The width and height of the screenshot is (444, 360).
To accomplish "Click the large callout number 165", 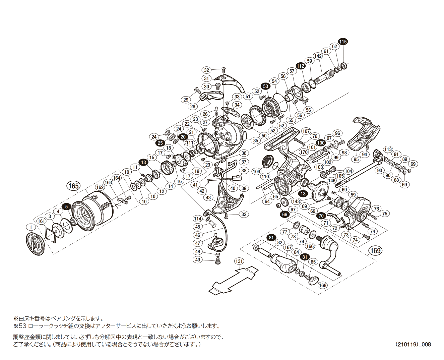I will tap(73, 186).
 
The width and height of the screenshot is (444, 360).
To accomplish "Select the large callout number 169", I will tap(375, 251).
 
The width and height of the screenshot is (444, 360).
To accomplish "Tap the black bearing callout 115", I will tap(342, 42).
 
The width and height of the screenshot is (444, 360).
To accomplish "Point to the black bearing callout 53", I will tap(266, 86).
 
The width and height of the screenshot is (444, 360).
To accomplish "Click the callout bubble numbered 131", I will tap(239, 261).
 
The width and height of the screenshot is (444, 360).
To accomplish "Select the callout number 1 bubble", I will tap(31, 228).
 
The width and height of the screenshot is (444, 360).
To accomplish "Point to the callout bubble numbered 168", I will tap(322, 285).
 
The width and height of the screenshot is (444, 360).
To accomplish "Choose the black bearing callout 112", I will tap(300, 66).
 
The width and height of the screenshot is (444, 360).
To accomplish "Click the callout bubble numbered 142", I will tap(318, 56).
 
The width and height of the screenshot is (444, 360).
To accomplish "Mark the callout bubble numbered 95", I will tap(356, 159).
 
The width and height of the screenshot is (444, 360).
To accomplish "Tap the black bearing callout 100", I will tap(321, 143).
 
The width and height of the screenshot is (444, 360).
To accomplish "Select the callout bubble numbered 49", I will tap(198, 259).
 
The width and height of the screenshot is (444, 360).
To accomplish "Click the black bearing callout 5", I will tap(66, 206).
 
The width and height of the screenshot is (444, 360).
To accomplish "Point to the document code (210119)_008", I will tap(413, 344).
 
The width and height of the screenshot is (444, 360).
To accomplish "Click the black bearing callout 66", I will tap(285, 215).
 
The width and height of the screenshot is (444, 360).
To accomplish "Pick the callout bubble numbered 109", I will tap(256, 172).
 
